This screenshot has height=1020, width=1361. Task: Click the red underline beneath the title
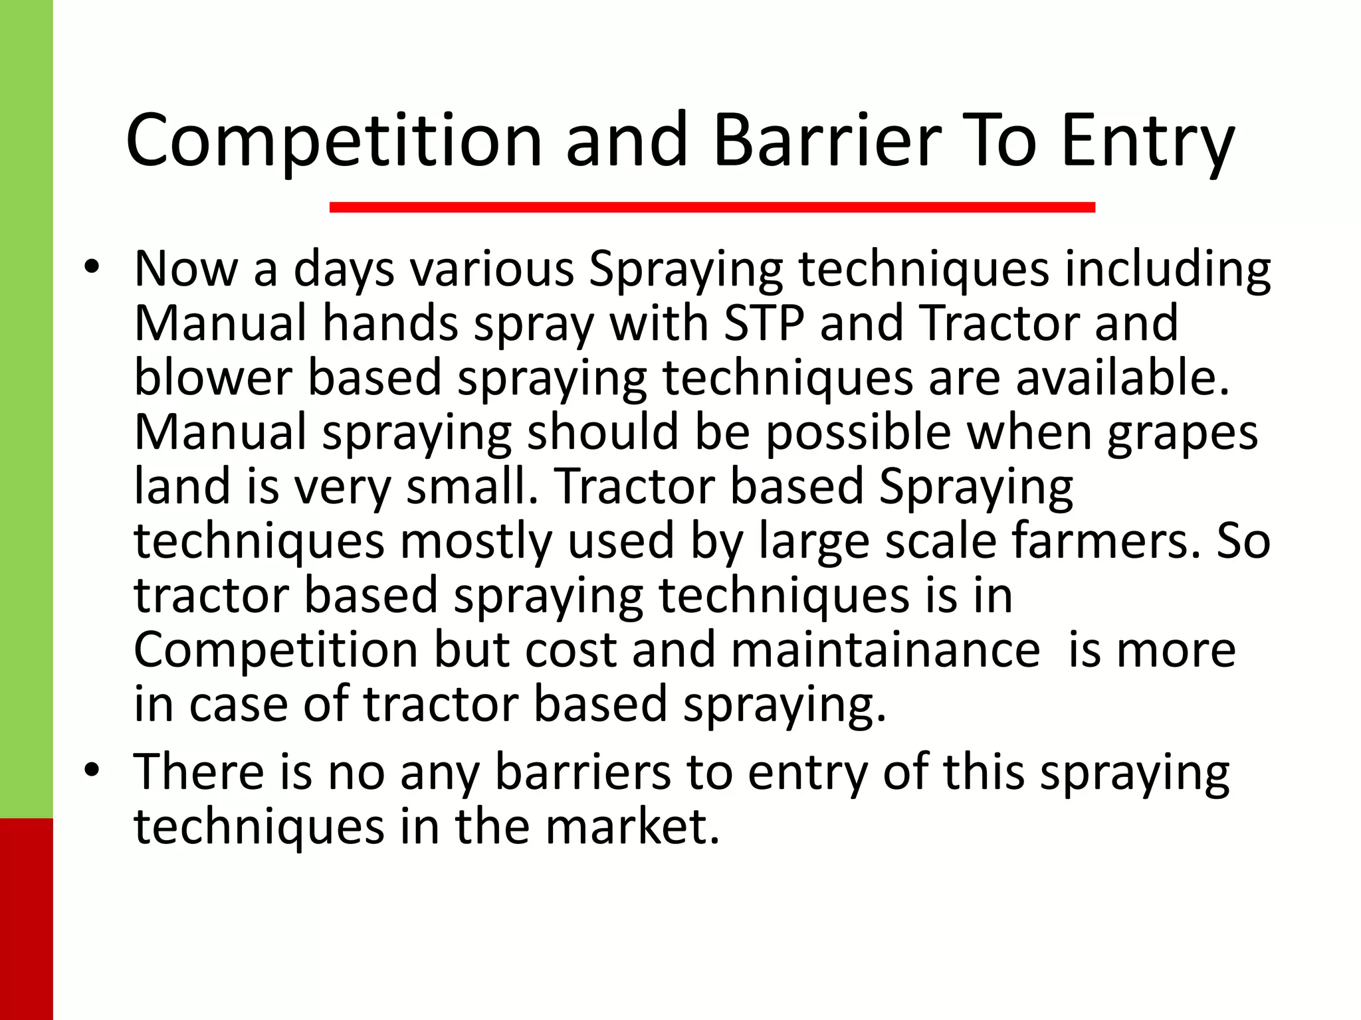tap(712, 207)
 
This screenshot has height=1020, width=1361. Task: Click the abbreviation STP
tap(764, 323)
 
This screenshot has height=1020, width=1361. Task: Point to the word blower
tap(213, 377)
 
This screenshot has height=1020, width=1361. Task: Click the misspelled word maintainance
tap(885, 649)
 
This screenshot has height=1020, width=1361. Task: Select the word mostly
tap(475, 541)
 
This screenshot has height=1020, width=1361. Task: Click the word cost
tap(571, 649)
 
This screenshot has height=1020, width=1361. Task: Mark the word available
tap(1122, 377)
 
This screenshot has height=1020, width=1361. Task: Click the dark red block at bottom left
tap(26, 919)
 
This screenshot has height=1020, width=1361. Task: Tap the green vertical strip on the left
tap(26, 398)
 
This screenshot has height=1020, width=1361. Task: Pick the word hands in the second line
tap(390, 323)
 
